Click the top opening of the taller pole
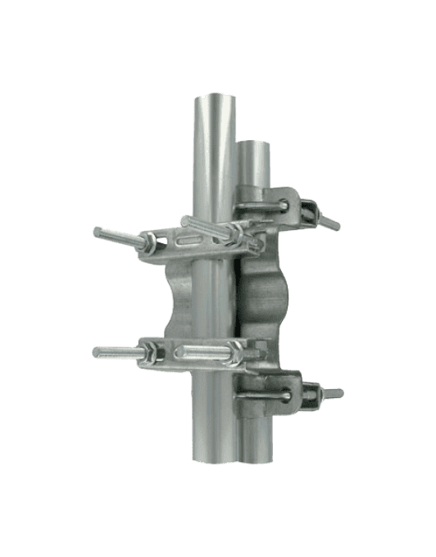[215, 99]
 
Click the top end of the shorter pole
[256, 145]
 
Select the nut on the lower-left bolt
[152, 354]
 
